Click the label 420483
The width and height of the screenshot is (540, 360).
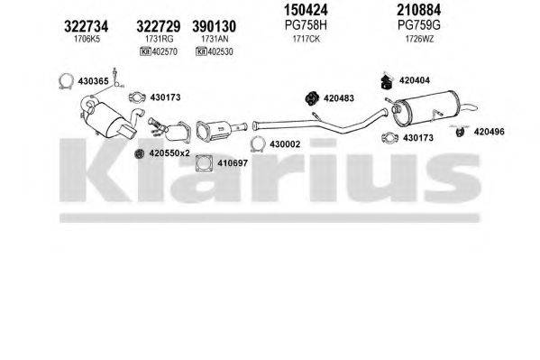point(339,97)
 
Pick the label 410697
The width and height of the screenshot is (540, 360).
point(206,165)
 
